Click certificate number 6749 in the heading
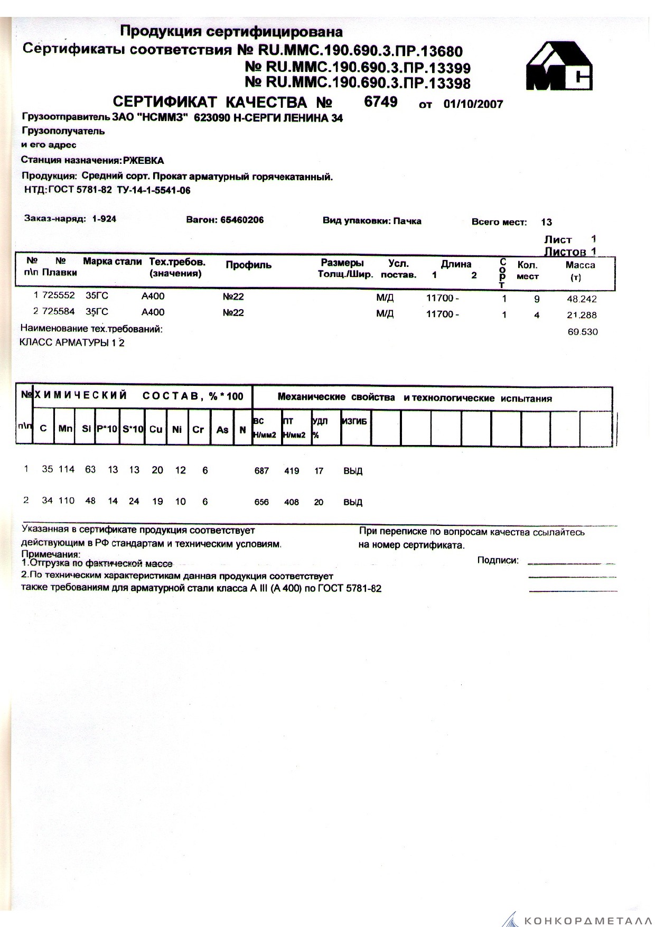point(380,101)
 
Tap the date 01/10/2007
point(473,104)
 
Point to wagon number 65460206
point(239,220)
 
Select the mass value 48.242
point(582,299)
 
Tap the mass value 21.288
point(582,316)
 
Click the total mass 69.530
point(583,332)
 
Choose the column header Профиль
point(248,265)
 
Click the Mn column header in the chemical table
point(65,429)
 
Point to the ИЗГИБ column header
point(354,421)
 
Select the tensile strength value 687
point(261,471)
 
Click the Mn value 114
point(67,469)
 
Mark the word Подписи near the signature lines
point(498,560)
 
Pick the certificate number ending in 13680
point(360,51)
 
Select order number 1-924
point(104,219)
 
